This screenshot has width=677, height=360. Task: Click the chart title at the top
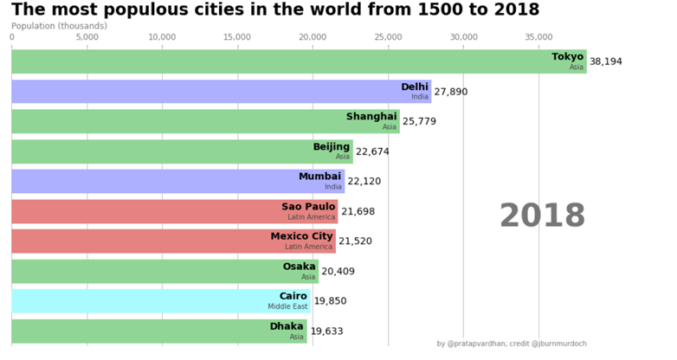point(275,10)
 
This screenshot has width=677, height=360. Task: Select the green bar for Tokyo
point(299,61)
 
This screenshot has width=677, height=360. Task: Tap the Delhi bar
point(221,92)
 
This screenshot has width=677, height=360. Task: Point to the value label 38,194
point(606,61)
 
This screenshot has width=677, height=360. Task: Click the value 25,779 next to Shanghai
point(419,121)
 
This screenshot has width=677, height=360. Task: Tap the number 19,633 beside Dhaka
point(326,331)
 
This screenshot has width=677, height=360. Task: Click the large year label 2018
point(542,215)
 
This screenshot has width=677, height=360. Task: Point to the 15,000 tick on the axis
point(237,37)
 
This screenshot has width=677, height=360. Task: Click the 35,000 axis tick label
point(538,37)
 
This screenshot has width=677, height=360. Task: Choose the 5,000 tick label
point(87,37)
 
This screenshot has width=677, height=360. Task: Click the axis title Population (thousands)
point(60,26)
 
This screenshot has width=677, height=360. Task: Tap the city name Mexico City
point(301,236)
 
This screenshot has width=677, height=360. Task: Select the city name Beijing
point(331,147)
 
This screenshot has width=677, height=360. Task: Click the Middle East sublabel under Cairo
point(287,306)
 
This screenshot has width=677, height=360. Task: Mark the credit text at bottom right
point(512,344)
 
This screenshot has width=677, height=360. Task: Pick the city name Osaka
point(299,267)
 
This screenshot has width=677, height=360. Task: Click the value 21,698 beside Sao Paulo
point(358,211)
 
